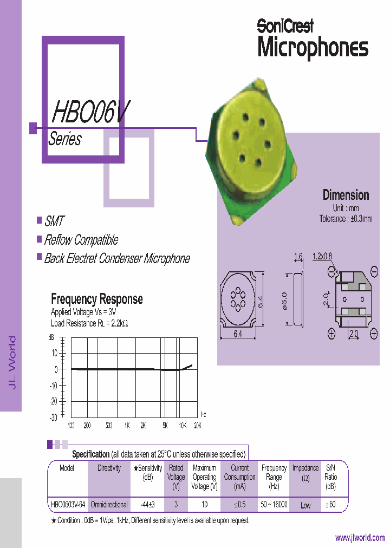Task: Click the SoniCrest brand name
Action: [285, 25]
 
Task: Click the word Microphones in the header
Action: [313, 48]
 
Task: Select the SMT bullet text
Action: [54, 221]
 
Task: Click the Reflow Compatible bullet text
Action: [81, 240]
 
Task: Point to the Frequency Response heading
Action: [97, 299]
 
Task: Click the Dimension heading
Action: [346, 195]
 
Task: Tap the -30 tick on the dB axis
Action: [53, 417]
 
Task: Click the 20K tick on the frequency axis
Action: [198, 426]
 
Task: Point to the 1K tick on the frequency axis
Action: [126, 426]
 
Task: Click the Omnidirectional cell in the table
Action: [109, 505]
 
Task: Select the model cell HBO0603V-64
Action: [67, 505]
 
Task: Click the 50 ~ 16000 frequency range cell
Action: [274, 505]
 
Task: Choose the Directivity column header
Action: [109, 468]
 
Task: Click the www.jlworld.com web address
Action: [360, 538]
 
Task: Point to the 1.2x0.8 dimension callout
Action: [323, 257]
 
